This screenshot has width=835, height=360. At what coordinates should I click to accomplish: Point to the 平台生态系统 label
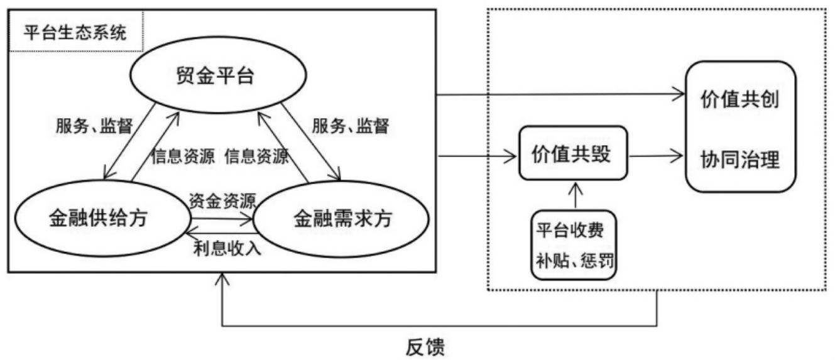[75, 33]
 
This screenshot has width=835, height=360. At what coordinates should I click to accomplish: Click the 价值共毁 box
[572, 153]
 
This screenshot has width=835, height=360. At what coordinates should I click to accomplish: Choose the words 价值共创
[740, 100]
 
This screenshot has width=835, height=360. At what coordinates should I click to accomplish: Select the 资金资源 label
[222, 201]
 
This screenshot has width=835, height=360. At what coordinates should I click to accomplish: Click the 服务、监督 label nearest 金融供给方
[94, 126]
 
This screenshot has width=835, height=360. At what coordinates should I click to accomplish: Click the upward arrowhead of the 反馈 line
[221, 279]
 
